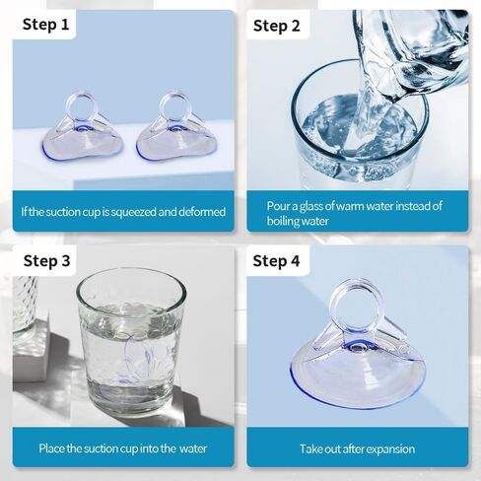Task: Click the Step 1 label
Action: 45,25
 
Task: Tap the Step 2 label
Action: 277,26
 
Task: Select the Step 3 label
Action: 46,261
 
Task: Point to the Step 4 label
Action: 276,261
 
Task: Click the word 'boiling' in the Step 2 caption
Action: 283,221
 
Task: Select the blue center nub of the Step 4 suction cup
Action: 358,347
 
